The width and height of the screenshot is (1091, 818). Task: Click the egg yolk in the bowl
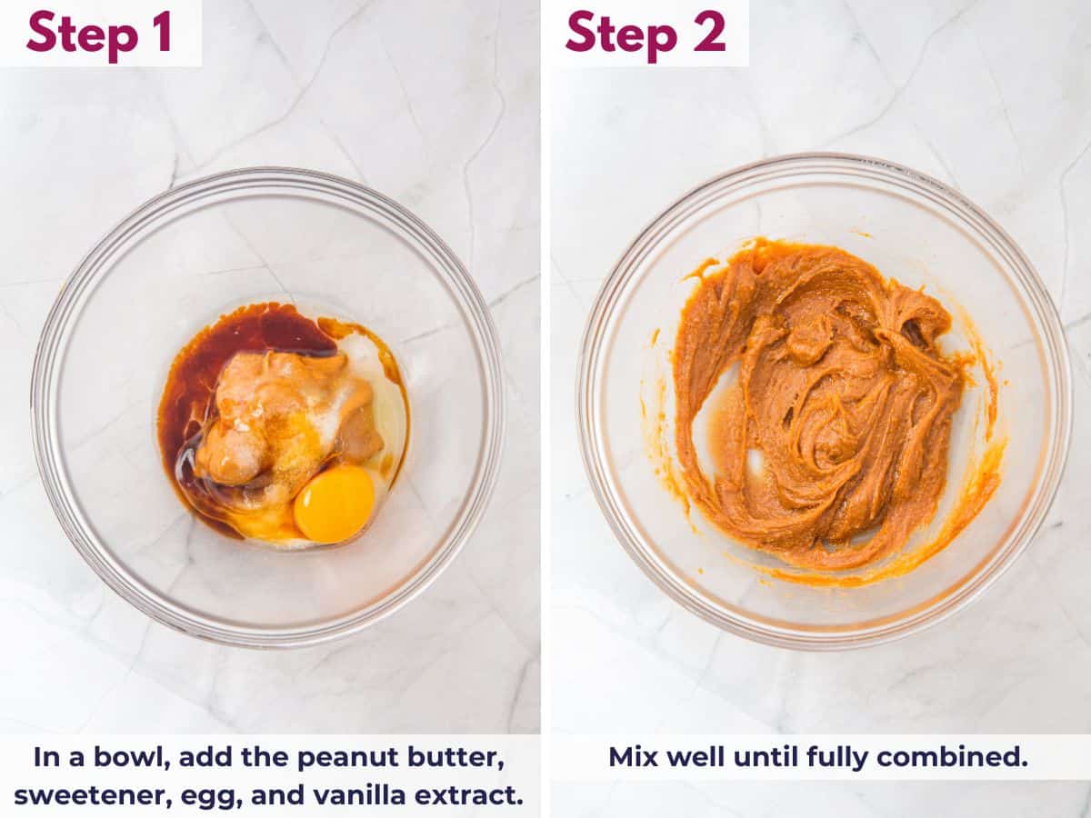(x=334, y=504)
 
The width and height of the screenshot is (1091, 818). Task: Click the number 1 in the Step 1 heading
(x=162, y=33)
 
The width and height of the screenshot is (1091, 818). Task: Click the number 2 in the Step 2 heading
(x=709, y=33)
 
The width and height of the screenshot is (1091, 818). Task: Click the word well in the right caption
(x=693, y=757)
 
